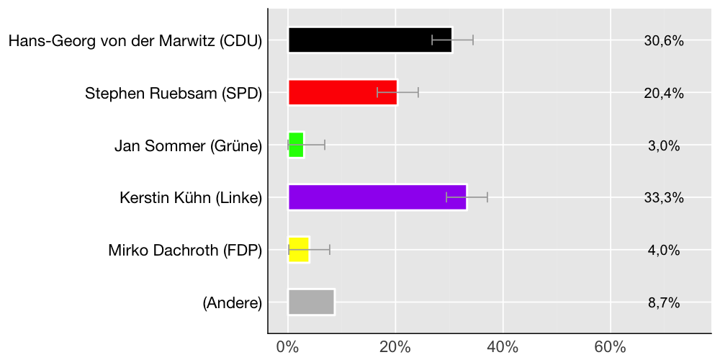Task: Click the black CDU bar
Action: click(370, 40)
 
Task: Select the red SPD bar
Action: click(343, 92)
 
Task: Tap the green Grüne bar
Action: click(296, 145)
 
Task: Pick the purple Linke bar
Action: click(377, 197)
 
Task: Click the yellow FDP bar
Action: click(299, 250)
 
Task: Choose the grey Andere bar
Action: click(311, 302)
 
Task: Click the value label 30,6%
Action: click(664, 41)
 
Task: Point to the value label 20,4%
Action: click(664, 94)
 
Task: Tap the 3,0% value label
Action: click(664, 146)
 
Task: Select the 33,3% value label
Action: click(664, 199)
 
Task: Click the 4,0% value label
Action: click(664, 251)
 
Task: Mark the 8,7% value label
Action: click(664, 303)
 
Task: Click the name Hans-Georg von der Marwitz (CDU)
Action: click(135, 41)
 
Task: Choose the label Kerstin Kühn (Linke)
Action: click(191, 198)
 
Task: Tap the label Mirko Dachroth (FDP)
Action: click(185, 251)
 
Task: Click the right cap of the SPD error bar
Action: click(418, 92)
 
